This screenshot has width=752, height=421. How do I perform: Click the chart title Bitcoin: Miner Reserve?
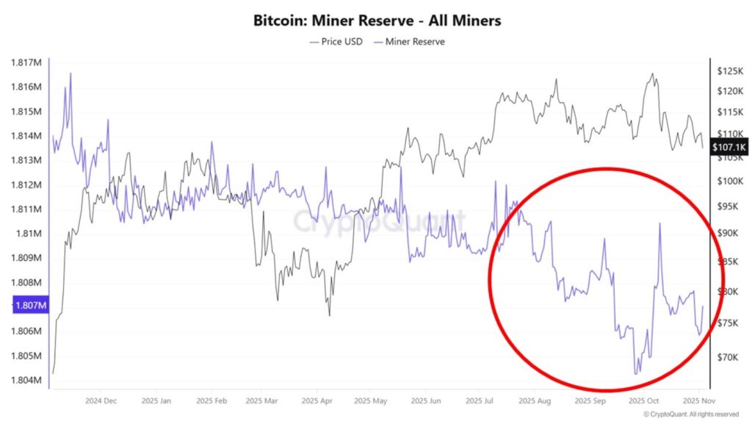377,20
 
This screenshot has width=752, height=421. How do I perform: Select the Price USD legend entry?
338,41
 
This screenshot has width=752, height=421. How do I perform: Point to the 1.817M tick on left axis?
26,62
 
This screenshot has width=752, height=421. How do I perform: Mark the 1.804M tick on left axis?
26,380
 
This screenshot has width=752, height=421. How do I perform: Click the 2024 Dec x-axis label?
101,402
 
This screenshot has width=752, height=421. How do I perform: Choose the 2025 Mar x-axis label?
262,402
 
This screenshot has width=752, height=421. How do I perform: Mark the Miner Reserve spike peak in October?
659,223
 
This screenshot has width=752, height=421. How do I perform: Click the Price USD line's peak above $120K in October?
651,73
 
